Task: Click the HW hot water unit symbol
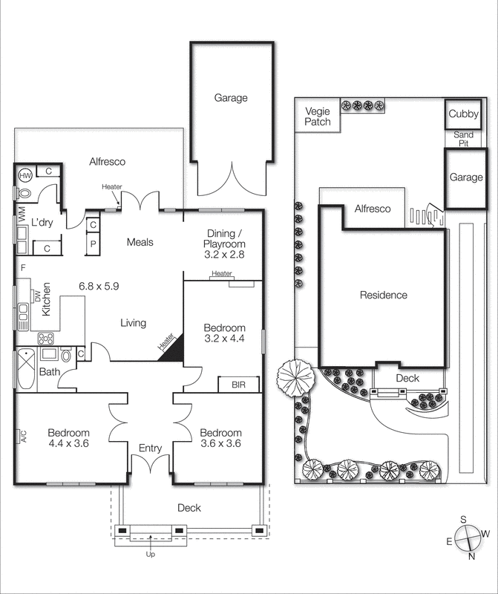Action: (24, 175)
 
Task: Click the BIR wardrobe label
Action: (237, 385)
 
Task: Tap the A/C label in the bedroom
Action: (23, 437)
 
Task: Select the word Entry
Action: (152, 448)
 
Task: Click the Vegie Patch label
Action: (318, 117)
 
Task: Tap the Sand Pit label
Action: (463, 139)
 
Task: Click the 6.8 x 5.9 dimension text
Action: (99, 285)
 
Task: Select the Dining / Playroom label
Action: (224, 242)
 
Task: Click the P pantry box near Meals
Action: (94, 242)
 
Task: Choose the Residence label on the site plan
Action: (383, 296)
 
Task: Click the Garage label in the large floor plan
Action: (231, 97)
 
